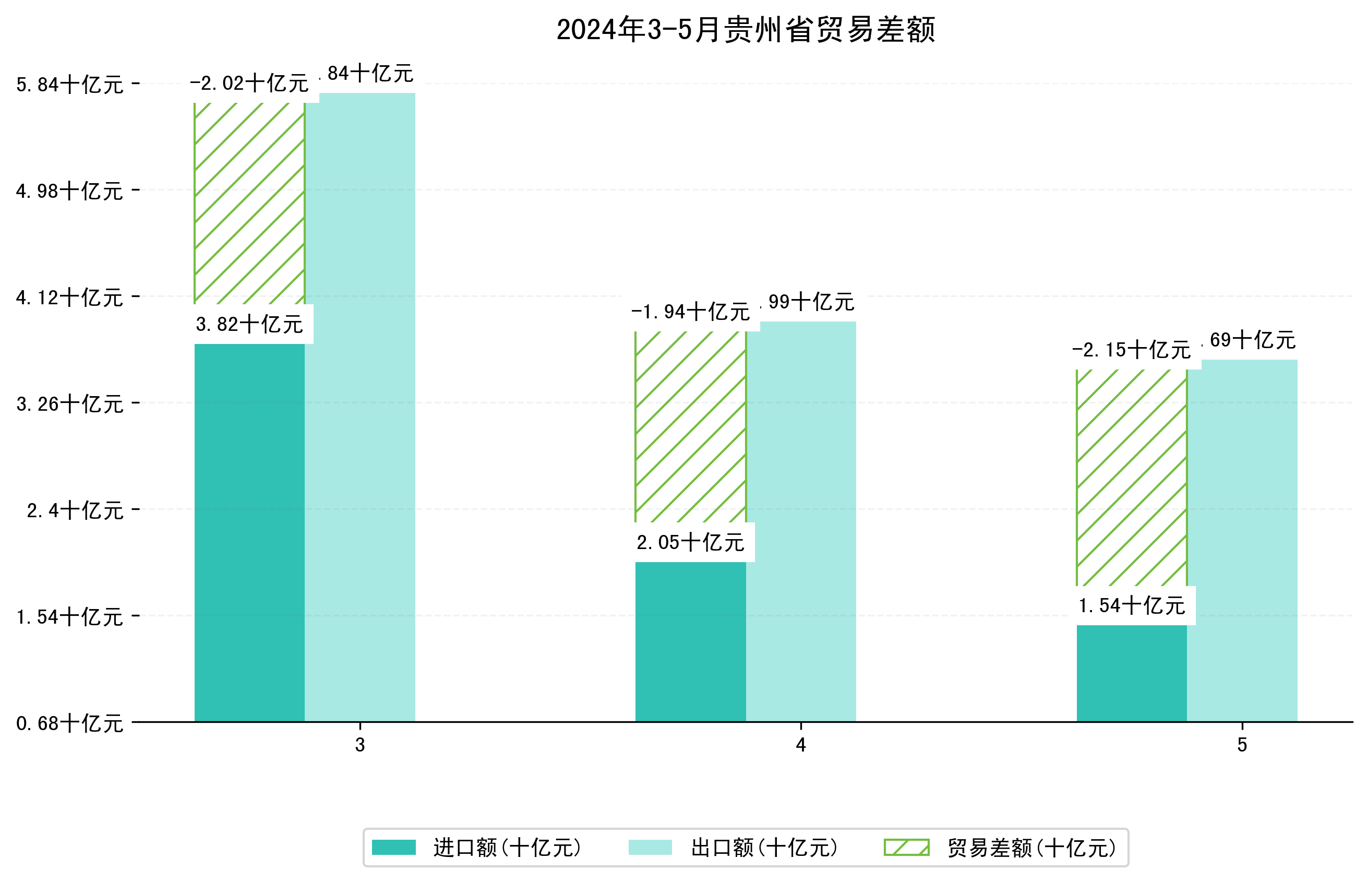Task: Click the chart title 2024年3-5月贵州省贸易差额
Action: point(745,30)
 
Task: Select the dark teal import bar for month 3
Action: point(249,533)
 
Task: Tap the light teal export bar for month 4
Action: point(801,521)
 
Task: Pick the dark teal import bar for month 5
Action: point(1131,673)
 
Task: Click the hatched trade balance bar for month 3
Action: point(249,204)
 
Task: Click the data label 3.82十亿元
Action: point(249,325)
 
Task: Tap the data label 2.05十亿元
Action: point(690,542)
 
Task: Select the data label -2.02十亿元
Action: point(249,84)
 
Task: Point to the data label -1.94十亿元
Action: point(690,312)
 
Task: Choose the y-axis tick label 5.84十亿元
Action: point(69,85)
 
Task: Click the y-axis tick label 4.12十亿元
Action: point(69,298)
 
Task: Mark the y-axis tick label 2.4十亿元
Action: point(75,510)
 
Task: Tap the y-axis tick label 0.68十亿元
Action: point(69,723)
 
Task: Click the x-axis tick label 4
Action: point(801,745)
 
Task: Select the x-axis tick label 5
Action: point(1242,745)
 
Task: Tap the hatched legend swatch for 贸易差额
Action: point(906,848)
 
